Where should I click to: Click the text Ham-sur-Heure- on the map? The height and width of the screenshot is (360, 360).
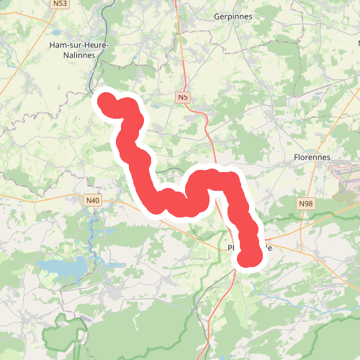point(78,45)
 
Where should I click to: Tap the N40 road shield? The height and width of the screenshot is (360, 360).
point(91,200)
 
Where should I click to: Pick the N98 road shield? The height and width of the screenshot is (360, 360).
point(306,204)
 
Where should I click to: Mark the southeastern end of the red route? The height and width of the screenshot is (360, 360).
point(249,257)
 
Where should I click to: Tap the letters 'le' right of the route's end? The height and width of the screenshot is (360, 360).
point(268,247)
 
